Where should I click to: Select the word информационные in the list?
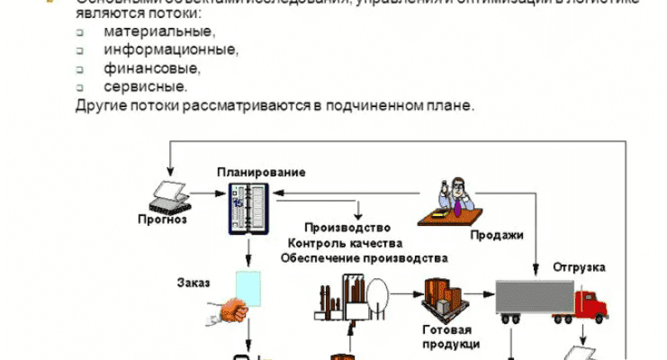[171, 49]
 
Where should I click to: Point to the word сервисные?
[146, 87]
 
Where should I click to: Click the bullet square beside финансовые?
[79, 68]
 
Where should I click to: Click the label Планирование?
[261, 171]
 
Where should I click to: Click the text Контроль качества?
[346, 243]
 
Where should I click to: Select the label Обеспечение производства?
[364, 257]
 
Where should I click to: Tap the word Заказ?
[194, 283]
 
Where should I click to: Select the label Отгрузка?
[579, 268]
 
